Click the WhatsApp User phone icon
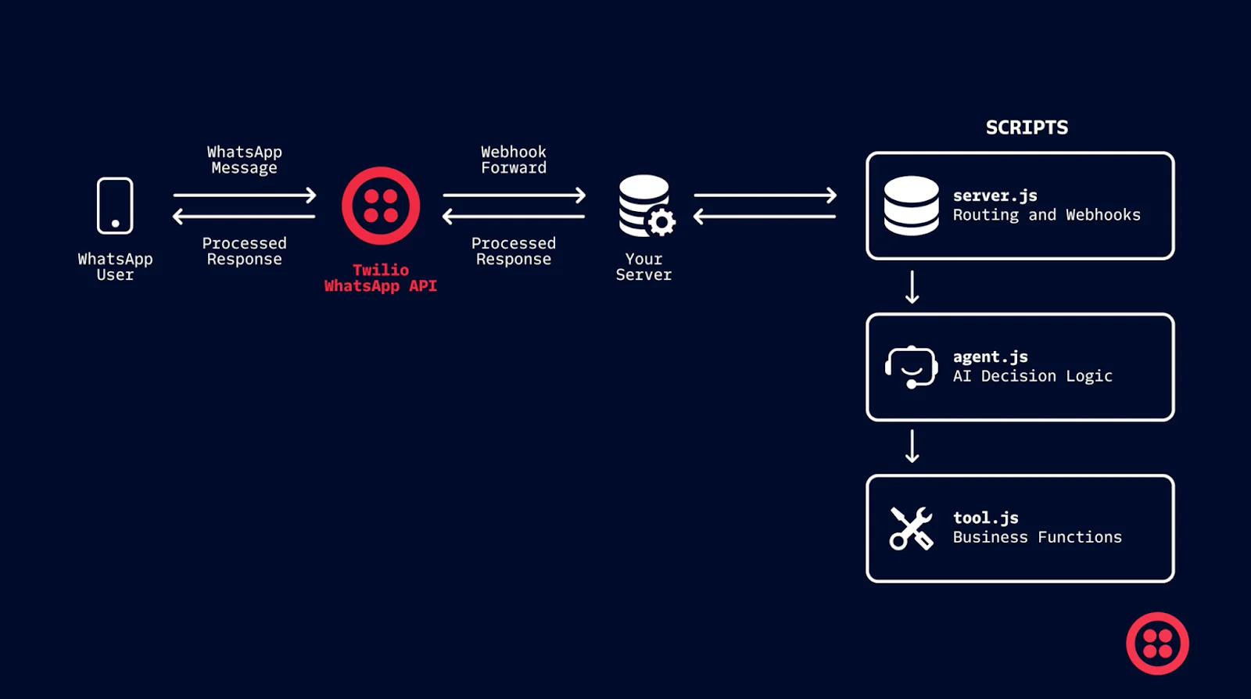click(115, 206)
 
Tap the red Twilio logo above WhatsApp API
click(381, 206)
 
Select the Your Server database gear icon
click(646, 206)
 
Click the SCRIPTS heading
click(1027, 127)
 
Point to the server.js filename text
click(995, 195)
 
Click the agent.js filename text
click(990, 357)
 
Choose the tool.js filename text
click(985, 518)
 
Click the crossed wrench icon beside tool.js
click(911, 529)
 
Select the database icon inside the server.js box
click(911, 206)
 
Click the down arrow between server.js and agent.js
click(912, 287)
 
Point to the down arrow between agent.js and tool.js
click(912, 446)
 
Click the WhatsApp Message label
click(244, 160)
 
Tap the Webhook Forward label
click(514, 160)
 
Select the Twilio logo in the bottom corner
click(1157, 643)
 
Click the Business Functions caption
click(1037, 537)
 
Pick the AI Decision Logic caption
click(1032, 376)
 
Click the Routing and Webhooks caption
click(1046, 215)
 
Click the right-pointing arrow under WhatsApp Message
click(245, 195)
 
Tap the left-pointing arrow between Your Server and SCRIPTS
click(765, 216)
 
